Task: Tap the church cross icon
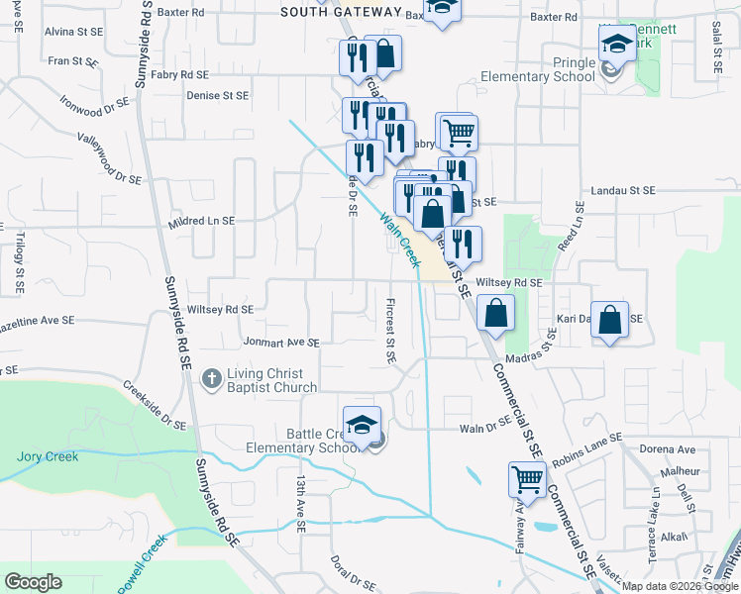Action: [x=210, y=378]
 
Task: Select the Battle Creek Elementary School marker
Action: [x=362, y=424]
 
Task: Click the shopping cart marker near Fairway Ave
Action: [x=528, y=479]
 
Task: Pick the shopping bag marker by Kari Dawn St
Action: [x=610, y=319]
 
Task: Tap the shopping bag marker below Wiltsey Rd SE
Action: [x=495, y=313]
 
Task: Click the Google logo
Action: [x=33, y=582]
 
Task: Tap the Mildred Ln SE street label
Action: [x=200, y=221]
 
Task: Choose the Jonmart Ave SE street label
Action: [x=281, y=343]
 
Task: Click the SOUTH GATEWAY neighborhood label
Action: [x=341, y=13]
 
